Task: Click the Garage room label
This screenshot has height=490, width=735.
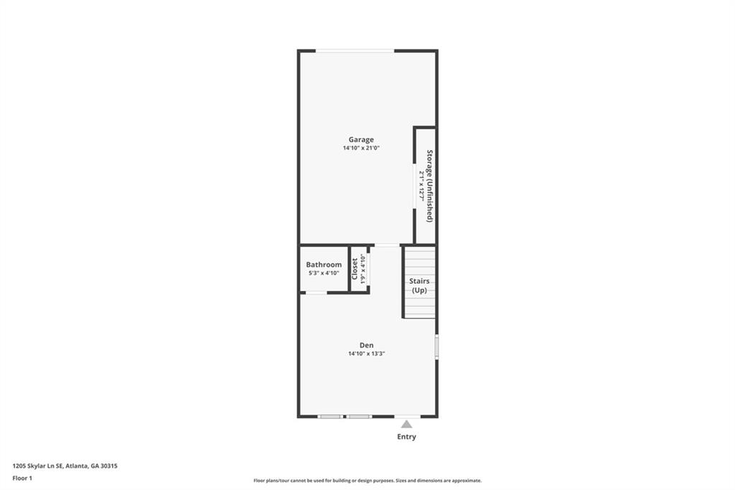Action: coord(361,139)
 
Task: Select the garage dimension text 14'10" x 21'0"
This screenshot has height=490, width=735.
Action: coord(361,148)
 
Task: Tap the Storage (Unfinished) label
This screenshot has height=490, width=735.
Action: coord(429,185)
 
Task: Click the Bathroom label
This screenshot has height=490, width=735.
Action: coord(324,264)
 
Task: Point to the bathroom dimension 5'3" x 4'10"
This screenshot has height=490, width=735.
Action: coord(324,273)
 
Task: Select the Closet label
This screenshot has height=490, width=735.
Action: coord(355,269)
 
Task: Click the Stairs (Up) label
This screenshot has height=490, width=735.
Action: coord(419,285)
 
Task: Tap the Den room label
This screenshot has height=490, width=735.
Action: coord(367,345)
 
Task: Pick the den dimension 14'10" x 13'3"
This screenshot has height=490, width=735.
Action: coord(367,353)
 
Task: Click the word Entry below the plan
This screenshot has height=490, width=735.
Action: coord(406,437)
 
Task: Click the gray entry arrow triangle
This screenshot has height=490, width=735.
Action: coord(406,424)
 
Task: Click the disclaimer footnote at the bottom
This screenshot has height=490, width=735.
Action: coord(367,481)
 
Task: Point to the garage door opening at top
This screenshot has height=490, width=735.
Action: coord(355,50)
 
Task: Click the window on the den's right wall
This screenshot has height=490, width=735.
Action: coord(436,346)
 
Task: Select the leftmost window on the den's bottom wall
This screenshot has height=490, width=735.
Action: coord(330,416)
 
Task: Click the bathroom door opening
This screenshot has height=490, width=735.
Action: coord(316,292)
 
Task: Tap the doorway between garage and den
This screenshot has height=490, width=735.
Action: coord(387,245)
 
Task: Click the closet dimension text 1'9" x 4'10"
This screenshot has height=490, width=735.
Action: coord(363,269)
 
